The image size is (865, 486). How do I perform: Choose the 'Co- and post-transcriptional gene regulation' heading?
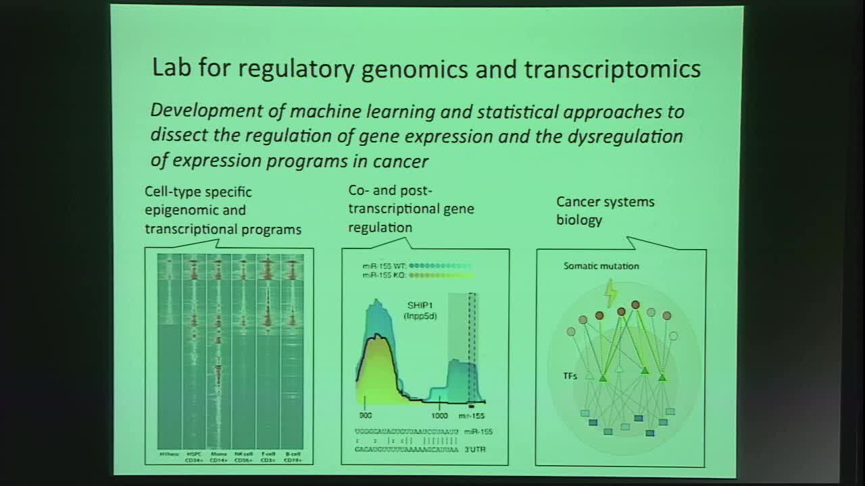(411, 209)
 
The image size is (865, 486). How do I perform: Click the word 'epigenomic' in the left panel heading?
(195, 210)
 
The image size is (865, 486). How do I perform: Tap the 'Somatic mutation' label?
(601, 266)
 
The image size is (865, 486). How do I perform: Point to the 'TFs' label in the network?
(571, 376)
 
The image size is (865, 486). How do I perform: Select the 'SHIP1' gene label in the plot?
(420, 306)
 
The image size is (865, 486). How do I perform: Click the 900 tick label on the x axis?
(366, 416)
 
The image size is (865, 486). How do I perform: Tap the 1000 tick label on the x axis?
(440, 416)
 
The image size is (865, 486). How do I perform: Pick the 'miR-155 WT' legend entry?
(383, 266)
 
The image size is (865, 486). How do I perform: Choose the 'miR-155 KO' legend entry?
(383, 275)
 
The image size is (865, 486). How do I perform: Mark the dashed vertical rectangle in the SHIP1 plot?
(472, 348)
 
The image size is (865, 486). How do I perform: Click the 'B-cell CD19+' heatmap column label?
(292, 457)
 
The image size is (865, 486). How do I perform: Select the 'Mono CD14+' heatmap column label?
(218, 457)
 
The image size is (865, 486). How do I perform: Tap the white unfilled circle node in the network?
(673, 335)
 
